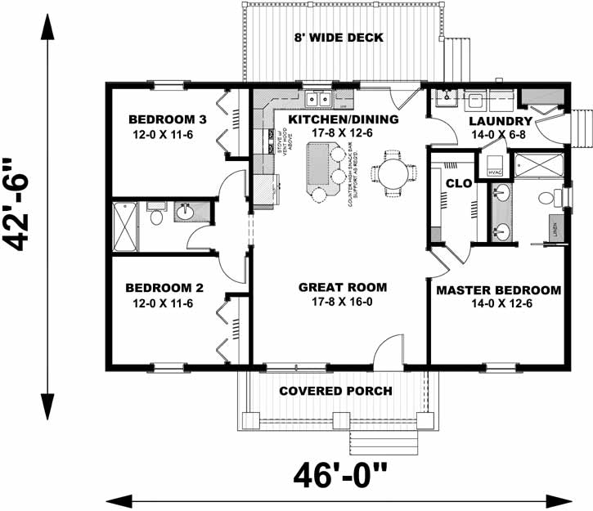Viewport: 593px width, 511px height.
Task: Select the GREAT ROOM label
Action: tap(342, 287)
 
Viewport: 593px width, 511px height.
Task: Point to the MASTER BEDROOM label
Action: tap(498, 290)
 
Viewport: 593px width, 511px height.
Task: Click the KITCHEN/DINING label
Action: tap(343, 119)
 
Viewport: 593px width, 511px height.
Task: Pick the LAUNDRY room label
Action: tap(501, 122)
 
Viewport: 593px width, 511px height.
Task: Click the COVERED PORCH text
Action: tap(335, 391)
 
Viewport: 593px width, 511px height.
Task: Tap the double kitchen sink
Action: tap(317, 99)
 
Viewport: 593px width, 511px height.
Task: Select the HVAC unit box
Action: tap(494, 172)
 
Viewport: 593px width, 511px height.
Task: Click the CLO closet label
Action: tap(458, 183)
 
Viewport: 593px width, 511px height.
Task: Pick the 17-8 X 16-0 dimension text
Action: tap(342, 302)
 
